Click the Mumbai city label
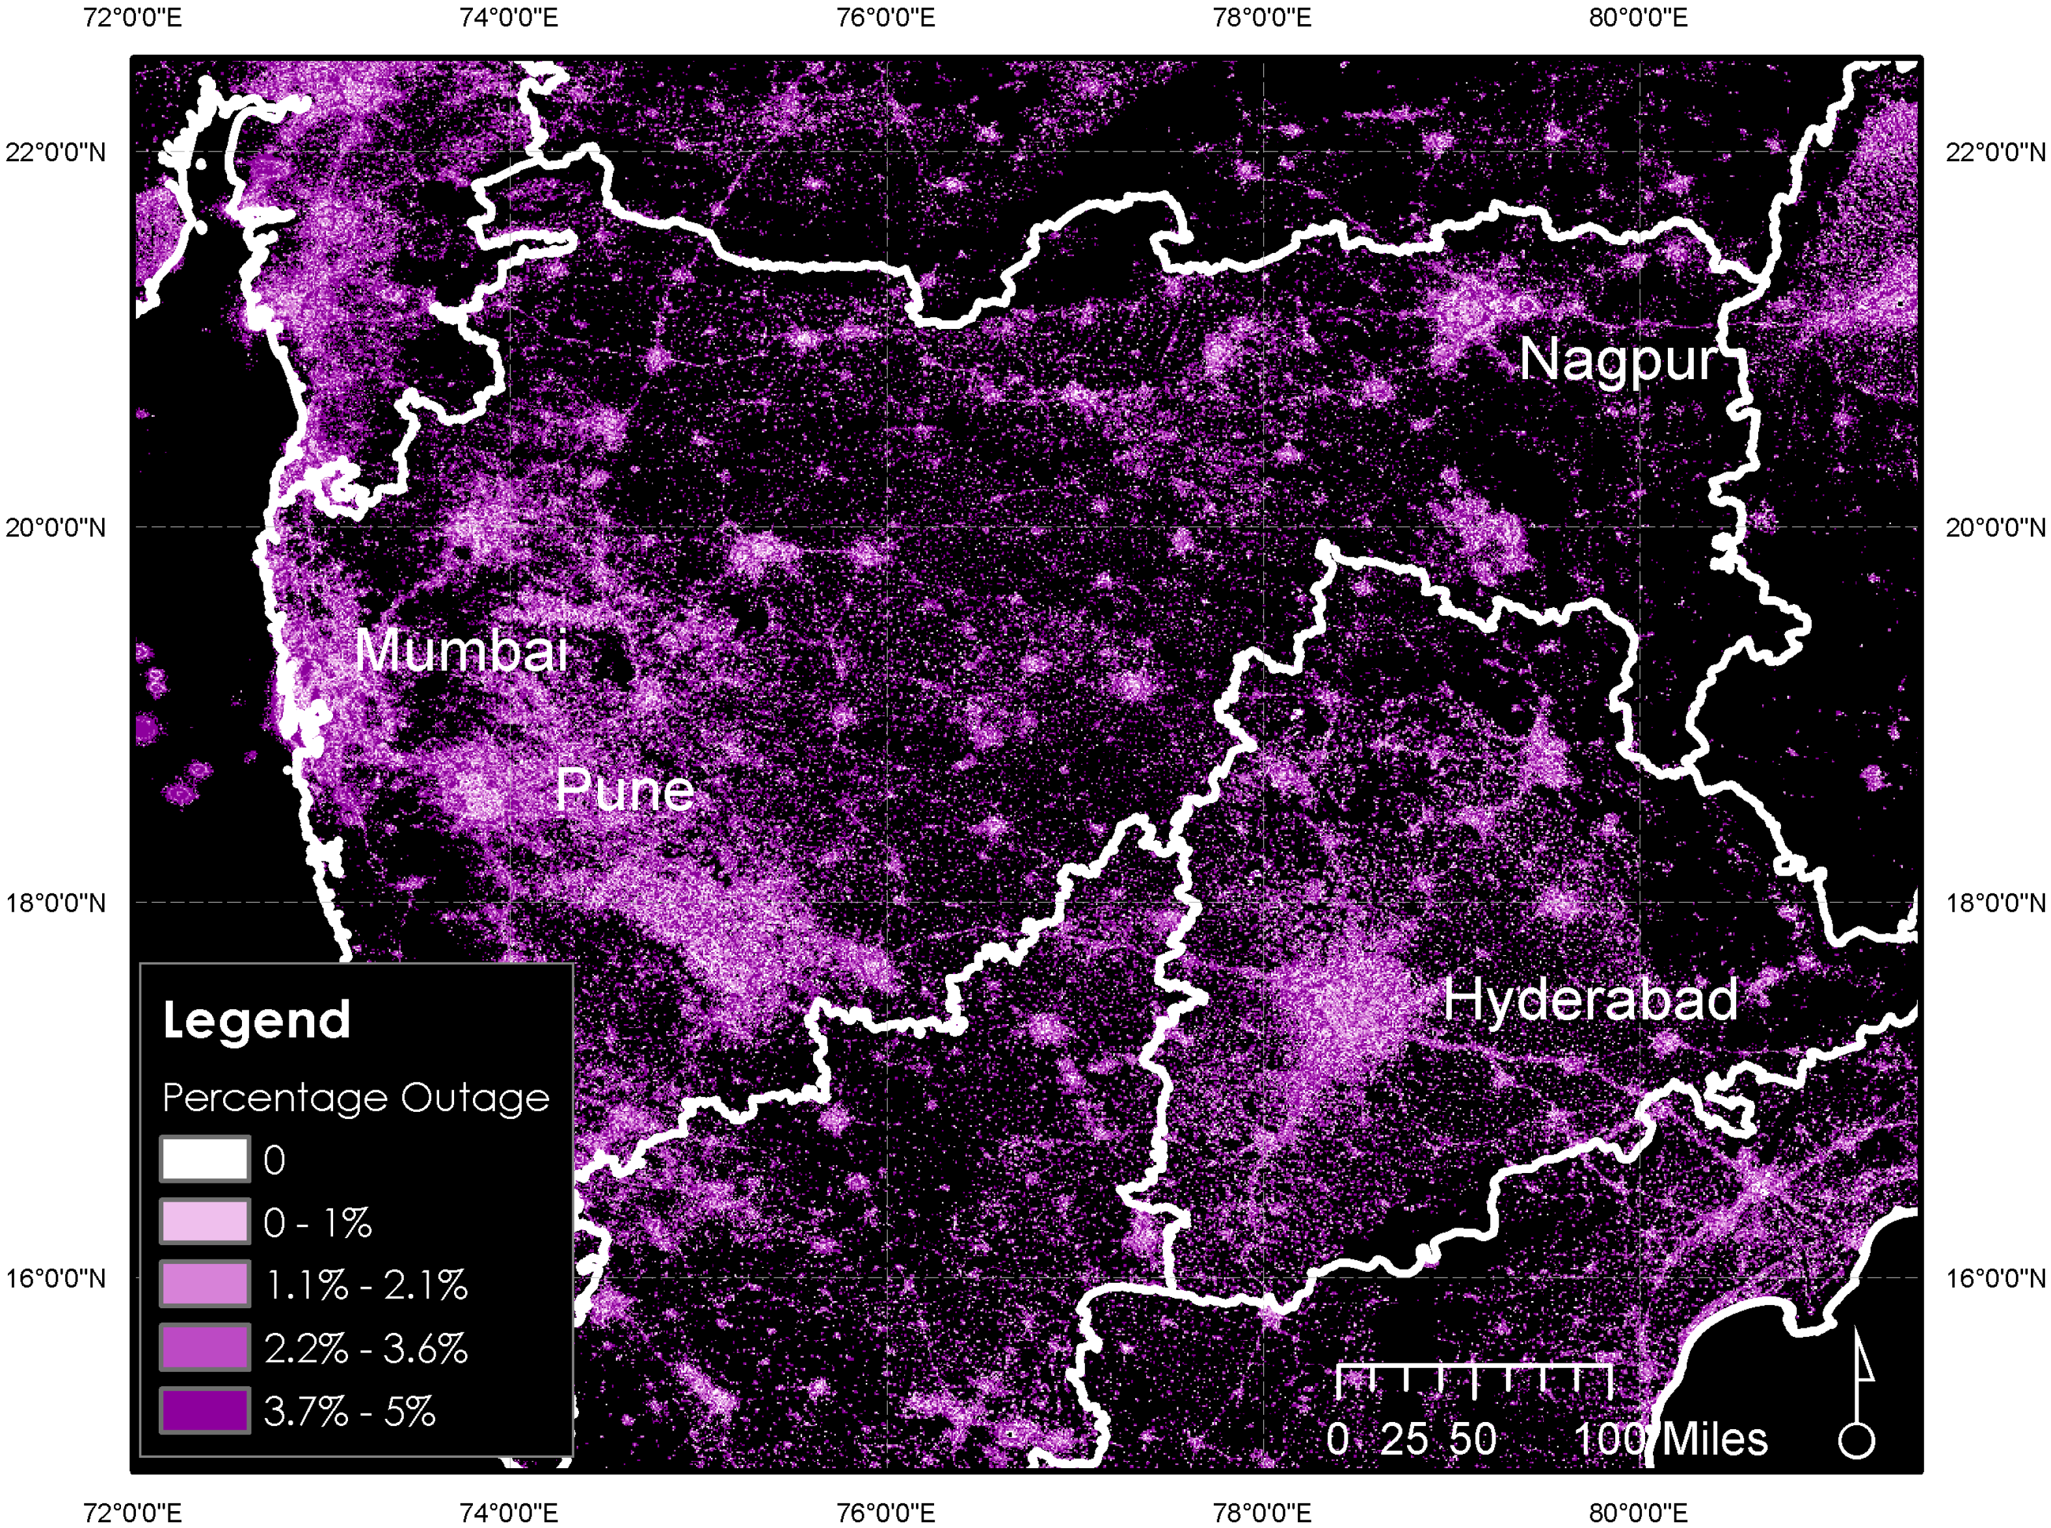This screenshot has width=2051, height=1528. click(461, 650)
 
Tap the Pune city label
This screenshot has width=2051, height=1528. click(624, 790)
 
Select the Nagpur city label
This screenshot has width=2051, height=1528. click(1618, 359)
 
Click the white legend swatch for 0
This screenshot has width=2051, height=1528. click(204, 1159)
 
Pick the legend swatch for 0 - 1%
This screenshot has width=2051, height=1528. click(204, 1222)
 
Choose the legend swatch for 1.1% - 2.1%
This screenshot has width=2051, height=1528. click(204, 1285)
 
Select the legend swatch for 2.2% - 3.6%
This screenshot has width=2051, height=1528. click(204, 1348)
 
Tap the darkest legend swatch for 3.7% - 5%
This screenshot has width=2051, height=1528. click(204, 1410)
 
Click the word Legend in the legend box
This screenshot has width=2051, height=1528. click(256, 1020)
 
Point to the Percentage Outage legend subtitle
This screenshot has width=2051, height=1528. click(355, 1098)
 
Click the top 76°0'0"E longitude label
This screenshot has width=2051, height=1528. click(885, 17)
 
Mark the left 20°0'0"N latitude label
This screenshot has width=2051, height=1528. click(55, 527)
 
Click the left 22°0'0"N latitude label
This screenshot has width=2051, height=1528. click(55, 151)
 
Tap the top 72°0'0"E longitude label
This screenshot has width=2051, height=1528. click(132, 17)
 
